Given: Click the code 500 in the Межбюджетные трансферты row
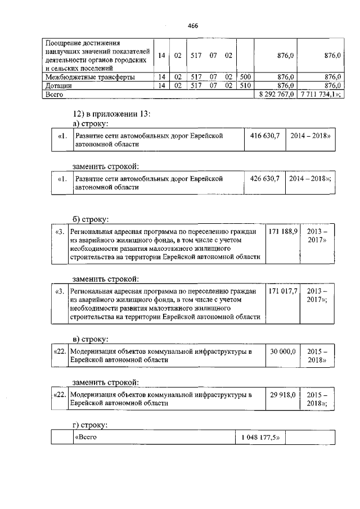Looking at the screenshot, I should pos(245,77).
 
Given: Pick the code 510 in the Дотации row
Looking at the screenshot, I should pos(245,85).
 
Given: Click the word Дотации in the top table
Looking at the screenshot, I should pos(59,85).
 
